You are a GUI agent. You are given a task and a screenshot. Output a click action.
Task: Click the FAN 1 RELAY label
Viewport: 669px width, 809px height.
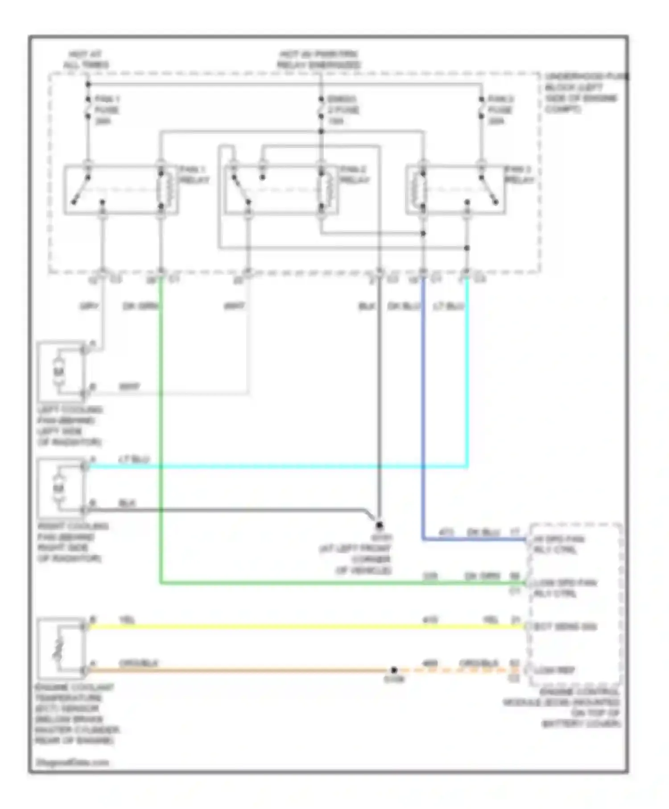pos(194,175)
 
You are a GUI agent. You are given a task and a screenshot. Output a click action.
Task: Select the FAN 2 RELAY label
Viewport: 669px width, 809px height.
pos(355,175)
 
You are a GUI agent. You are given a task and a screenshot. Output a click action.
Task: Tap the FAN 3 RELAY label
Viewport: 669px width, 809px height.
pos(519,175)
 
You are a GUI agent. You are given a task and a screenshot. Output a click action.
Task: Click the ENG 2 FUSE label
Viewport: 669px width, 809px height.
pos(343,110)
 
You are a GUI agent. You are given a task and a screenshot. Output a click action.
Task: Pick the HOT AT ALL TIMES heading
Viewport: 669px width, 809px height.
pos(86,60)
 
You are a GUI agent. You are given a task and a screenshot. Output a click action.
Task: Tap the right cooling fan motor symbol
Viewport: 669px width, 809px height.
pos(58,488)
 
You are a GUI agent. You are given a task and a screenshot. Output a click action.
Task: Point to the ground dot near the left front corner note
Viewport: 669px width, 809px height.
pos(379,525)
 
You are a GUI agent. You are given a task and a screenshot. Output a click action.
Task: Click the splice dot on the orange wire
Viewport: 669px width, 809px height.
pos(394,670)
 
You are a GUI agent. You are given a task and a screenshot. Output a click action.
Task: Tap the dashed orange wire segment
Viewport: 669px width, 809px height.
pos(459,670)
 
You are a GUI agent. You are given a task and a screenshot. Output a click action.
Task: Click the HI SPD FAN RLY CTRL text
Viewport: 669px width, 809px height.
pos(558,545)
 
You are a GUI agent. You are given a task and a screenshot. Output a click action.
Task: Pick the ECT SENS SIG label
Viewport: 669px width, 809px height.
pos(565,627)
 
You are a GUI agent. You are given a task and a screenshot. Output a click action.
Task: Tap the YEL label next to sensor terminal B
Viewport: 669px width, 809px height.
pos(127,620)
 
